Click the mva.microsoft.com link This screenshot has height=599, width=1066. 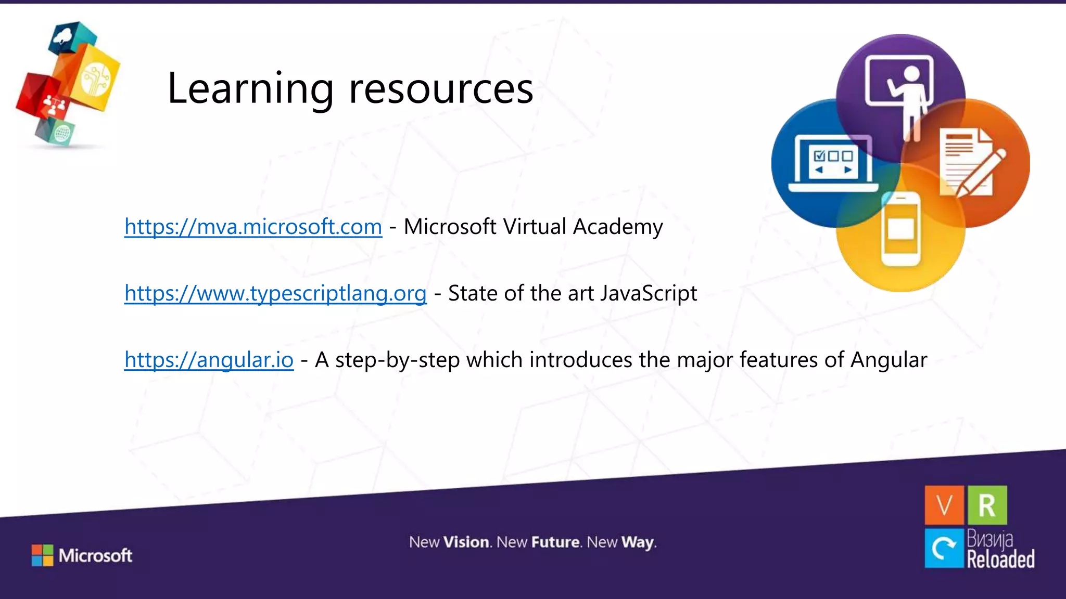pyautogui.click(x=253, y=227)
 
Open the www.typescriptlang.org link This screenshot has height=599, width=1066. pyautogui.click(x=275, y=294)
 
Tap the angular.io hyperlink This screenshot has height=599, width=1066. pyautogui.click(x=209, y=360)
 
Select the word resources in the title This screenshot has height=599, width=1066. pyautogui.click(x=441, y=88)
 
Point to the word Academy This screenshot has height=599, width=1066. pyautogui.click(x=618, y=227)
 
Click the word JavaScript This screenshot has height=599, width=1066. pyautogui.click(x=649, y=294)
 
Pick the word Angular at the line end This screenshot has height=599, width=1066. pyautogui.click(x=889, y=360)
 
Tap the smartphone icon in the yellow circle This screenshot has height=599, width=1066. pyautogui.click(x=900, y=229)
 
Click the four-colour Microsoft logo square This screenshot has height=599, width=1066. pyautogui.click(x=42, y=555)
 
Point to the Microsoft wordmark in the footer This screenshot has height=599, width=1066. pyautogui.click(x=95, y=555)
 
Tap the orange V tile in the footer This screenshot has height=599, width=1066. pyautogui.click(x=944, y=505)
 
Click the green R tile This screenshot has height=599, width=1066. pyautogui.click(x=987, y=505)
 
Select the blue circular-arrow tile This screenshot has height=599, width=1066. pyautogui.click(x=944, y=548)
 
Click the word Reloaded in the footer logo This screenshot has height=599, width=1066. pyautogui.click(x=1000, y=559)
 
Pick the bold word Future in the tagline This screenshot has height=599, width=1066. pyautogui.click(x=555, y=542)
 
